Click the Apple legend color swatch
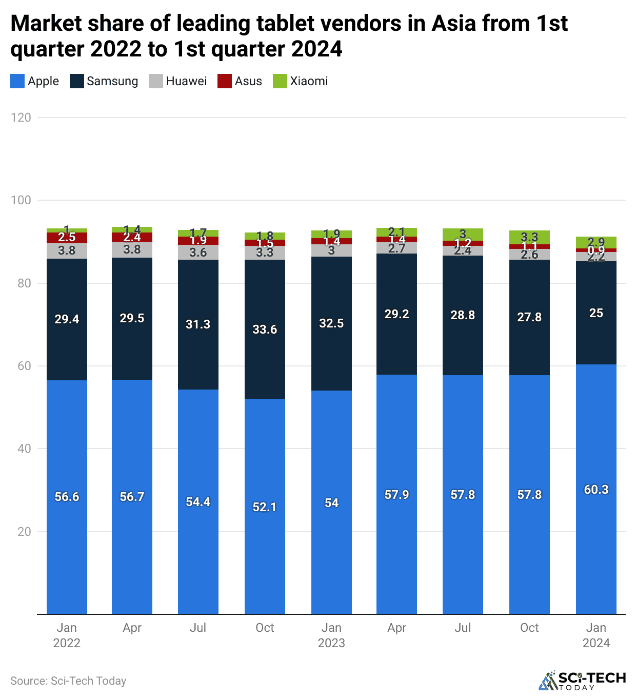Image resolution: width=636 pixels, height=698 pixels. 17,81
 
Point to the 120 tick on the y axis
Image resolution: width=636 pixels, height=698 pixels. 21,118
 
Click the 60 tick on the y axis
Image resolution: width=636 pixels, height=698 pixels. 21,366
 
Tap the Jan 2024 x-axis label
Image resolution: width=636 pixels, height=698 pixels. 596,635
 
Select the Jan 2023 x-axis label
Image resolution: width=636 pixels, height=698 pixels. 331,635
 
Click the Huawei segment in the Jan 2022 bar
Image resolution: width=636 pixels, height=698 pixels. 67,250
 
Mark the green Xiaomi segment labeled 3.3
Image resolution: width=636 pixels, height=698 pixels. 529,237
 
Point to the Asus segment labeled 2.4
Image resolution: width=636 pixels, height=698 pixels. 132,237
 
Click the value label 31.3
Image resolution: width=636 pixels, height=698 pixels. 198,324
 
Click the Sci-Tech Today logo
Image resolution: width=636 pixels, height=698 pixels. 582,681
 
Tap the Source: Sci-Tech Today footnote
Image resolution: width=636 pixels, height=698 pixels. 68,681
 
